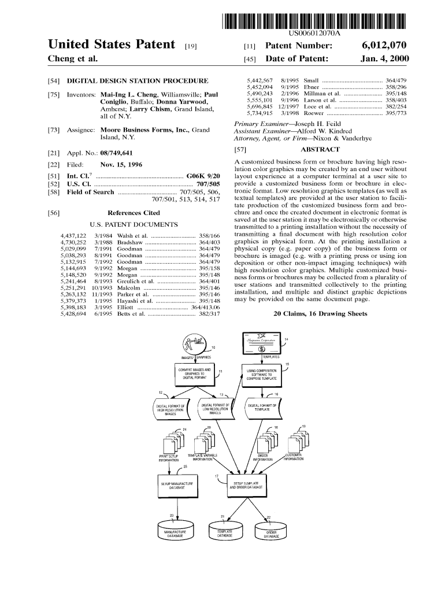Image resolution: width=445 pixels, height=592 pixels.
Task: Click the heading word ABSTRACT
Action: click(316, 150)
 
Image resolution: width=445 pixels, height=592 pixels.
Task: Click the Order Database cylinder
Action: click(271, 533)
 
